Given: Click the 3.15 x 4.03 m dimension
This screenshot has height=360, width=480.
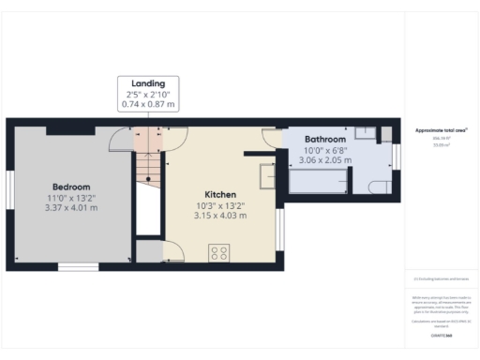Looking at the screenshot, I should pos(221,217).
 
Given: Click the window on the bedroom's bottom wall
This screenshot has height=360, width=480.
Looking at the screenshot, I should pos(77,266).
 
